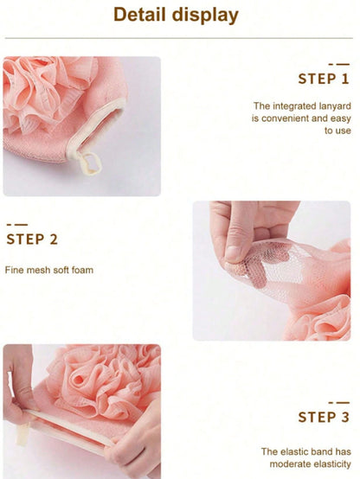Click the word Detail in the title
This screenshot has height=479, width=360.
[139, 15]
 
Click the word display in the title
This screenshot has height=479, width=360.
[205, 16]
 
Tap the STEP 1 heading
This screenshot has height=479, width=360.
[324, 79]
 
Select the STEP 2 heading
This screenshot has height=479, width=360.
[32, 239]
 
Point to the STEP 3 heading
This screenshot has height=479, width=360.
[324, 417]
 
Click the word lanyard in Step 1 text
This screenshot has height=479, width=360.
[335, 106]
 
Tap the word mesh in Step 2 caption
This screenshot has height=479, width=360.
[38, 270]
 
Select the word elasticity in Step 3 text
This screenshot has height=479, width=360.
[331, 464]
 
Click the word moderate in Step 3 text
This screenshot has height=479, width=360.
[289, 464]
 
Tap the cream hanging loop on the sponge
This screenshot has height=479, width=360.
[89, 163]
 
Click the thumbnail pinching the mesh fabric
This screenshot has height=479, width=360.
[235, 253]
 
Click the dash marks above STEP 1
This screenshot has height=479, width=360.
[339, 65]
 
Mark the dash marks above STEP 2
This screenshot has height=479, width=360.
[17, 225]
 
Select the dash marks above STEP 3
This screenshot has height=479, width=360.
[339, 403]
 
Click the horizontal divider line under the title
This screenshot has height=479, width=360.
[179, 38]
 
